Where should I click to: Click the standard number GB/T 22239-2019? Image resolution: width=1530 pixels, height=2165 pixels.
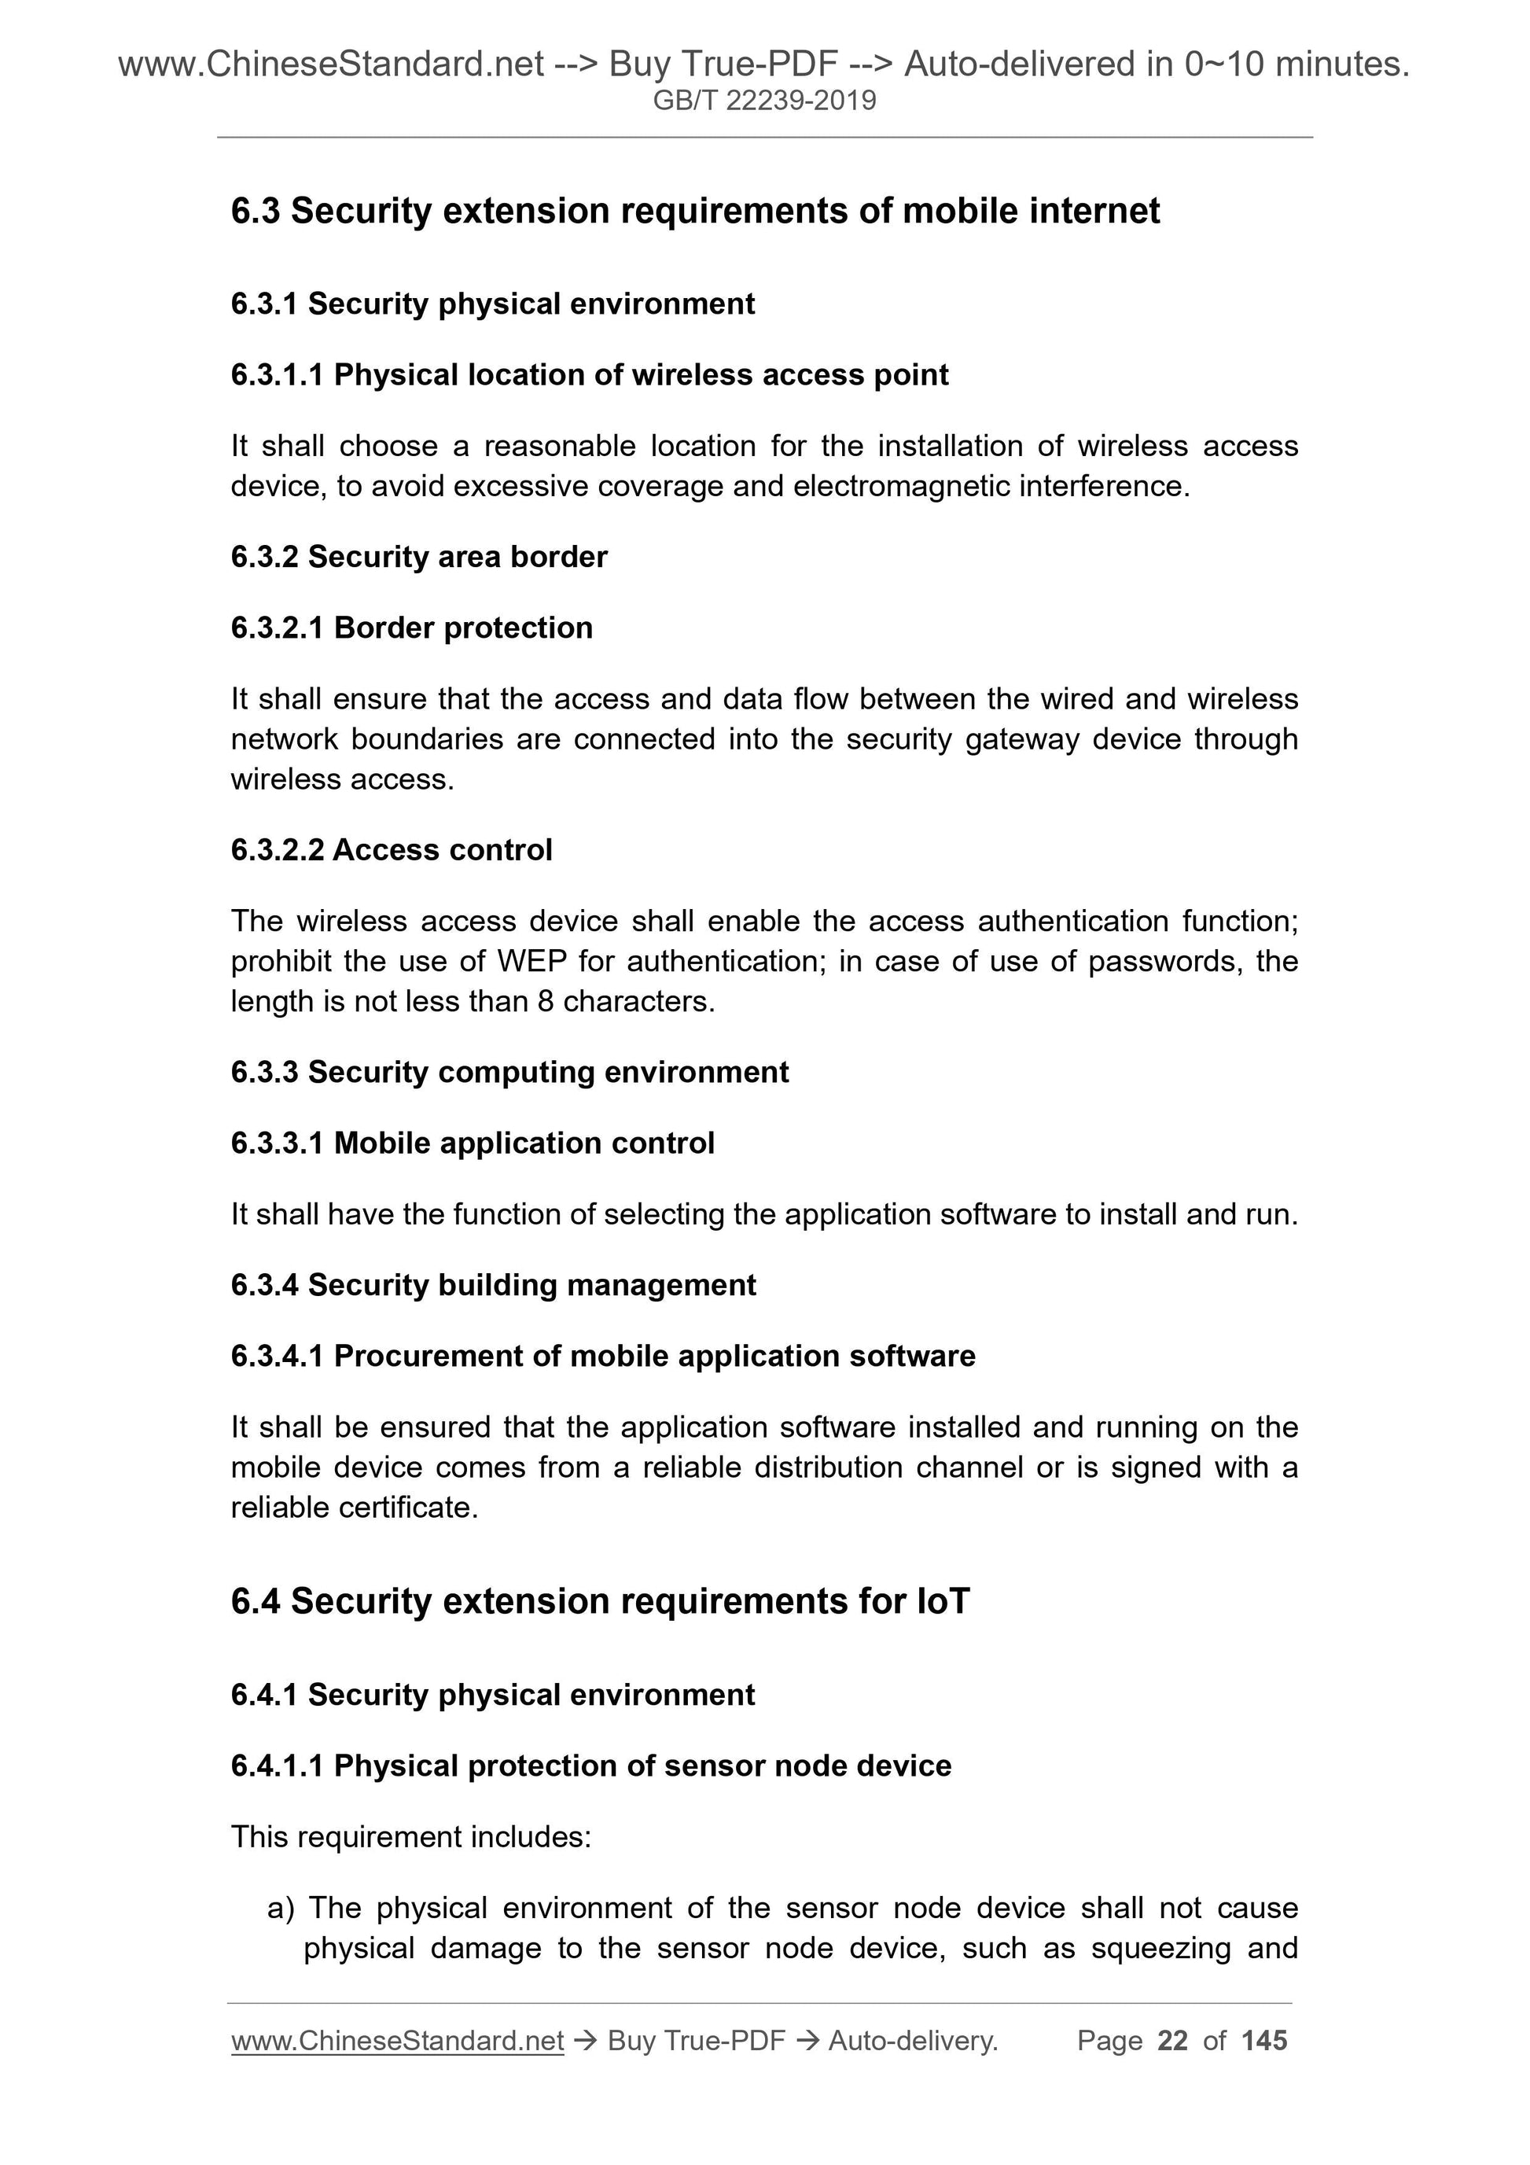pyautogui.click(x=763, y=100)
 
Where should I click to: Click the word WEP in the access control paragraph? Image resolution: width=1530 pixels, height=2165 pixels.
pyautogui.click(x=531, y=961)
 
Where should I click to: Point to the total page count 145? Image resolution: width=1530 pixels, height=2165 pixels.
pyautogui.click(x=1264, y=2041)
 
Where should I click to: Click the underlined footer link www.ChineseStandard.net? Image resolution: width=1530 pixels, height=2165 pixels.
pyautogui.click(x=397, y=2041)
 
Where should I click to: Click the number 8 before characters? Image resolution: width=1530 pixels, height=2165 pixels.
pyautogui.click(x=545, y=1000)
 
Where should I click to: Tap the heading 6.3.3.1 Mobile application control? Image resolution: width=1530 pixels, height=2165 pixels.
pyautogui.click(x=473, y=1143)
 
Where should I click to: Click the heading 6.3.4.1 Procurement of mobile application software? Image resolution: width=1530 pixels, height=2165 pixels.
pyautogui.click(x=602, y=1356)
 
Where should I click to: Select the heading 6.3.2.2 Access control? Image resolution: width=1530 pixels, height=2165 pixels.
pyautogui.click(x=392, y=849)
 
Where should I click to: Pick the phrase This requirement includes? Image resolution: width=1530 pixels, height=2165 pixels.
pyautogui.click(x=410, y=1837)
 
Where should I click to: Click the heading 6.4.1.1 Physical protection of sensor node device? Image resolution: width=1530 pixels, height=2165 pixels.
pyautogui.click(x=590, y=1766)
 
